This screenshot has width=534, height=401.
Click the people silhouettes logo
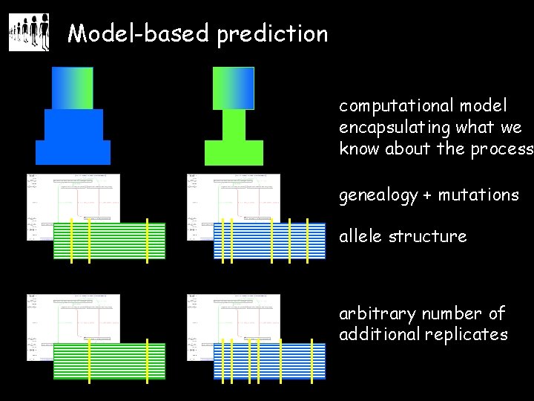[x=29, y=33]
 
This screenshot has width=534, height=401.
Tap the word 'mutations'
[x=478, y=195]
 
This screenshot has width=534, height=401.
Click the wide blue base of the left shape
[x=73, y=152]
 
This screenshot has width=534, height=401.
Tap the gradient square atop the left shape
[x=73, y=88]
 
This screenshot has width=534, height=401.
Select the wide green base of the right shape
[x=234, y=152]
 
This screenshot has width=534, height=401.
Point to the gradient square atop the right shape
[x=234, y=88]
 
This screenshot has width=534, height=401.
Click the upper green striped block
[x=109, y=240]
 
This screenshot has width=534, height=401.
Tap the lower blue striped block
[x=269, y=361]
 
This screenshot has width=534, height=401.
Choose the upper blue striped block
[x=269, y=240]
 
